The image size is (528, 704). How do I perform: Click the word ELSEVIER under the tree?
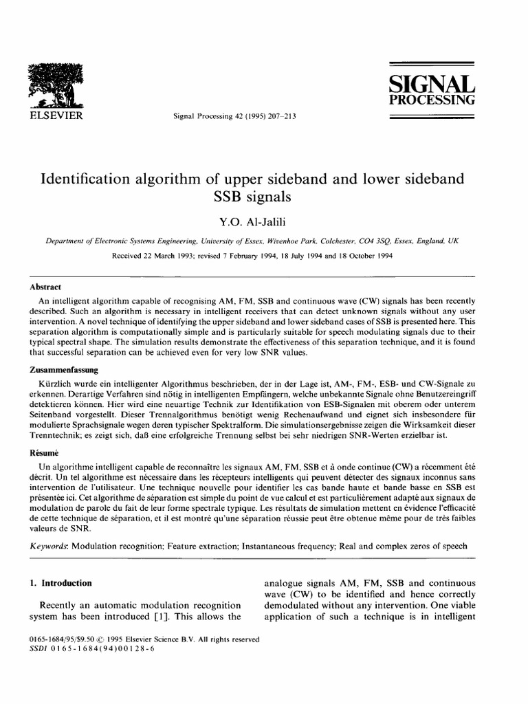(x=54, y=115)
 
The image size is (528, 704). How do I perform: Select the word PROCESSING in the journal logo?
(x=432, y=100)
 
